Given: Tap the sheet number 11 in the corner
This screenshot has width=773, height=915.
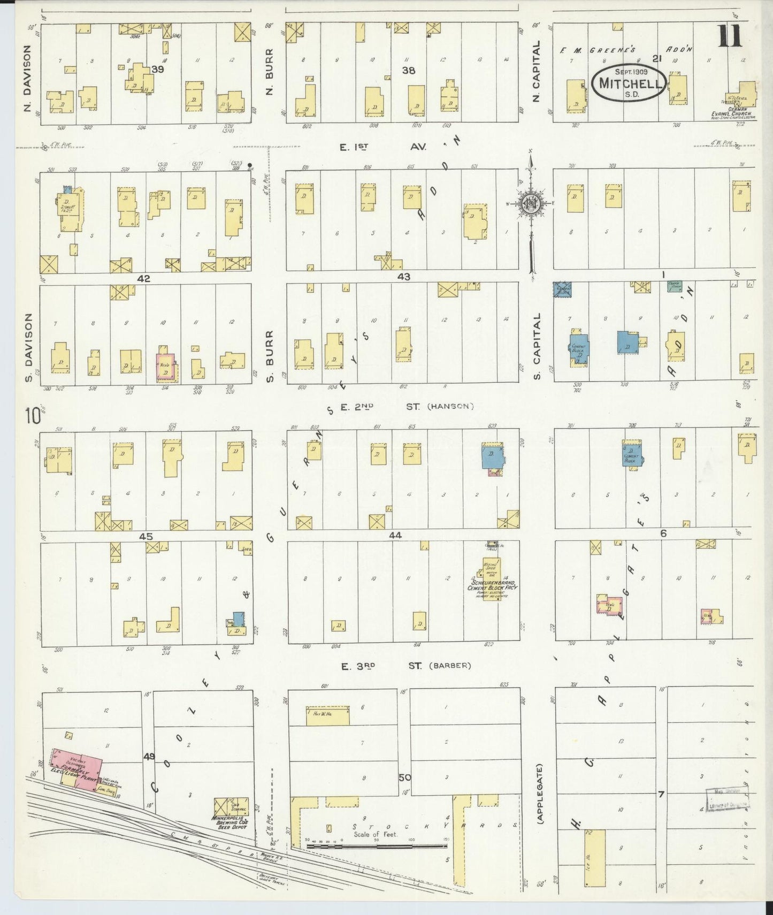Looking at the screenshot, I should [729, 37].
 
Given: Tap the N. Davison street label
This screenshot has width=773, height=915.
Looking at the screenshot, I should [27, 79].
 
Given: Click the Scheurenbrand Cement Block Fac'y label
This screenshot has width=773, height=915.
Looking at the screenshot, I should [493, 584].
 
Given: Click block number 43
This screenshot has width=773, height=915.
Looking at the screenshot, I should [404, 277].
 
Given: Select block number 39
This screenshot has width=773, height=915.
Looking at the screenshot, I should [157, 70].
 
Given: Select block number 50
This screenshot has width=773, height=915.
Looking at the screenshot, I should [404, 777].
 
